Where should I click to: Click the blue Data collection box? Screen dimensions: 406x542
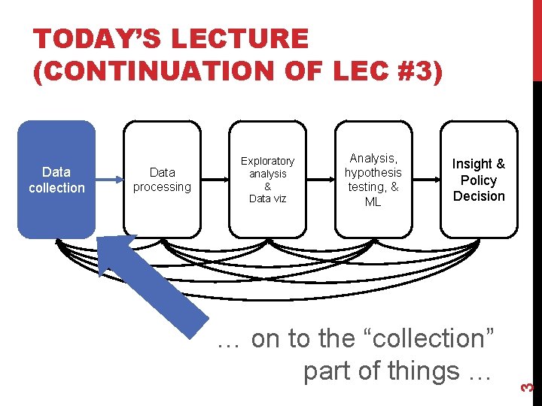tap(56, 180)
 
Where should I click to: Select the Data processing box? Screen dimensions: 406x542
tap(162, 180)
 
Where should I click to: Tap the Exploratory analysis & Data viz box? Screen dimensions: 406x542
tap(267, 180)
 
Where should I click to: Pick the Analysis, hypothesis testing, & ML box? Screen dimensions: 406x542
tap(373, 180)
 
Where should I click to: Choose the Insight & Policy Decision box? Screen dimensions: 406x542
tap(479, 180)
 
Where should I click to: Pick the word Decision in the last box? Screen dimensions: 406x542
tap(479, 196)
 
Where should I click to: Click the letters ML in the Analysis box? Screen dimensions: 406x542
tap(373, 201)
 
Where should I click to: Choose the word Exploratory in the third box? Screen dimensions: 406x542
tap(267, 161)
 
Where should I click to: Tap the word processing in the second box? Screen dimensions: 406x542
tap(162, 186)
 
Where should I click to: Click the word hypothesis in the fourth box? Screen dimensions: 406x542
tap(373, 172)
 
